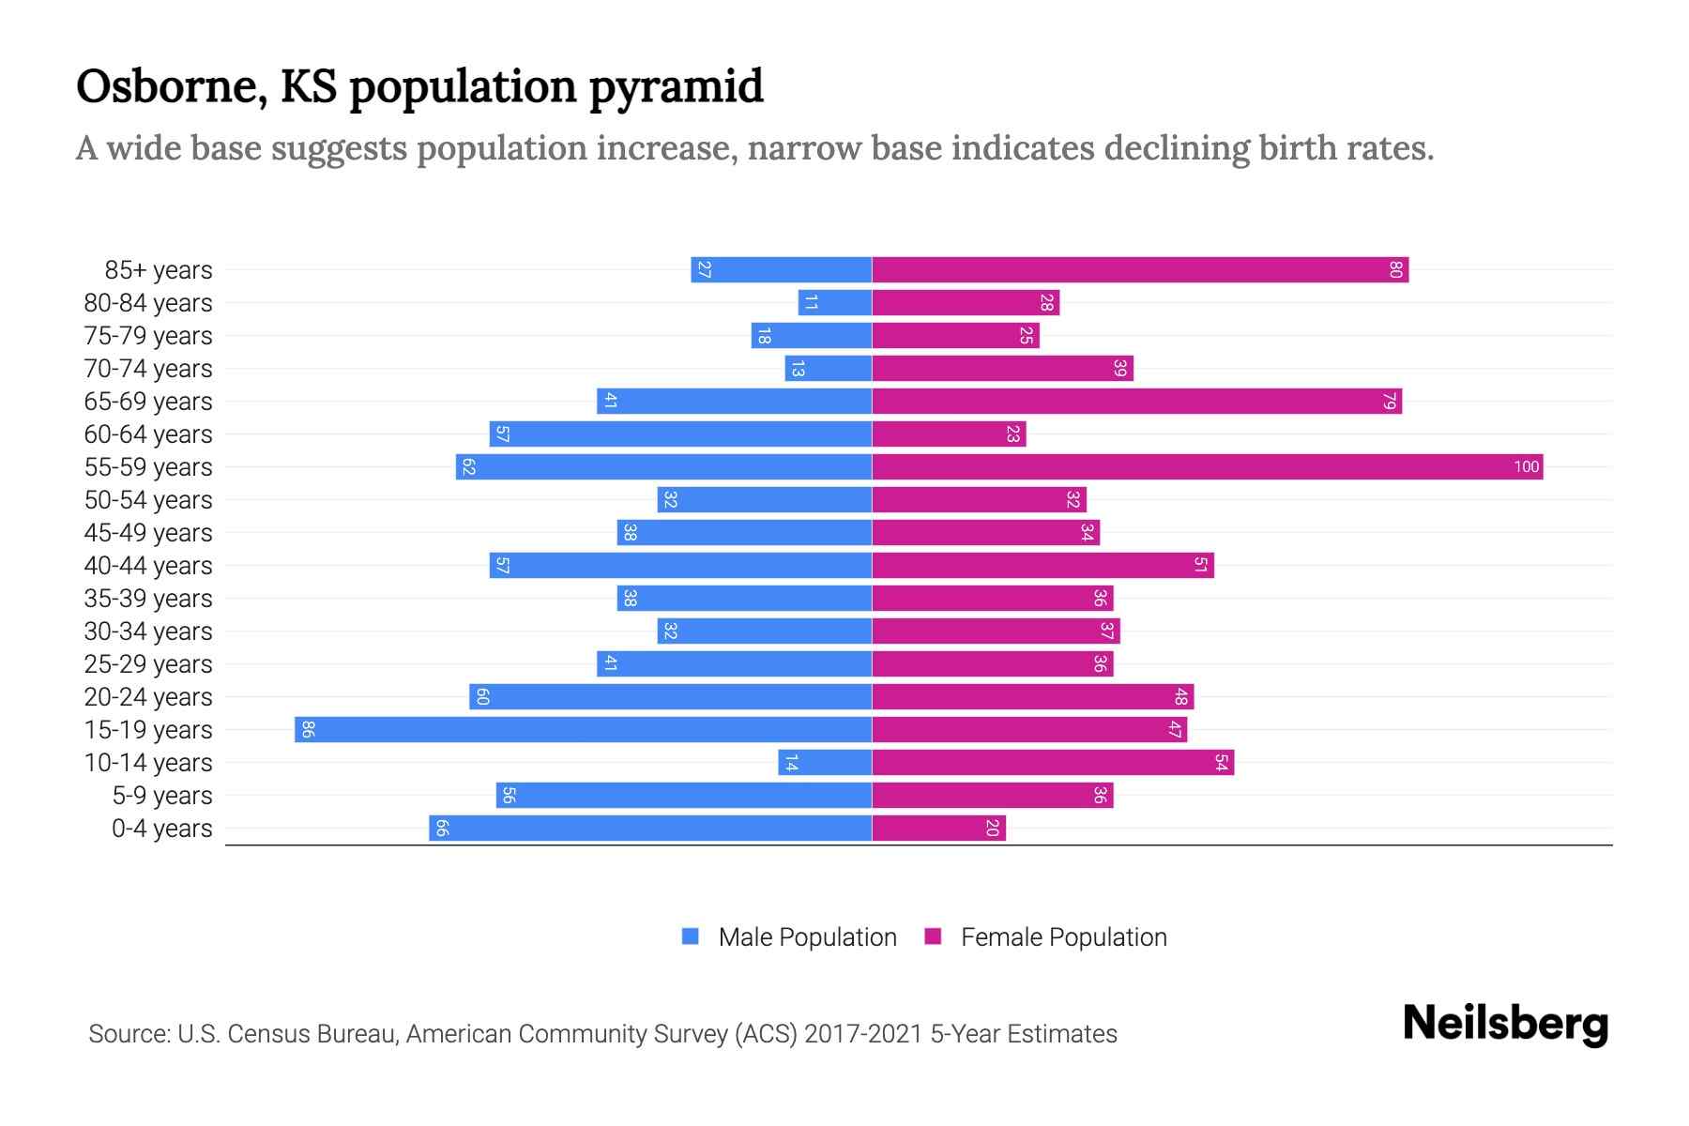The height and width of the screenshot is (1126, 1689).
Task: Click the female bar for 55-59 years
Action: (1207, 466)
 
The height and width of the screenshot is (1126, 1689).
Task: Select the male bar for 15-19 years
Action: (583, 729)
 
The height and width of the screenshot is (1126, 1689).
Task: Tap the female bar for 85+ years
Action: (1140, 269)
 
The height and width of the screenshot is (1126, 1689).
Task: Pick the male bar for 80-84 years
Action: (835, 302)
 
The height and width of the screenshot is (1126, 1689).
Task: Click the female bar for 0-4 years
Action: (938, 828)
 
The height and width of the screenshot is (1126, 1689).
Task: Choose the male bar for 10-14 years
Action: (825, 762)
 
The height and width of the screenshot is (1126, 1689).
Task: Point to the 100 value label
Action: (1526, 466)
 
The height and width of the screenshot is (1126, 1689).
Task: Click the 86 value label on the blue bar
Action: (308, 729)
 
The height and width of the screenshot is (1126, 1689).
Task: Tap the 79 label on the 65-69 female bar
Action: (1390, 401)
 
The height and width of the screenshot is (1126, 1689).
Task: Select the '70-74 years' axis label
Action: (148, 369)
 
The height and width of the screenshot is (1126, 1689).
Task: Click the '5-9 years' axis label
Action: (162, 796)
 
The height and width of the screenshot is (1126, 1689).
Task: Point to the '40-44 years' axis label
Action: (148, 566)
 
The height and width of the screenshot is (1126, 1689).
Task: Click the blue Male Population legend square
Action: (691, 936)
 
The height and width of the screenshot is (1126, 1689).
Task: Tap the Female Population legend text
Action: (1063, 936)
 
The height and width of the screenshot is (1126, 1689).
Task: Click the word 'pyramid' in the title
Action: (676, 87)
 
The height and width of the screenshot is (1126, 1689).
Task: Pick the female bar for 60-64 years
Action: (949, 434)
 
